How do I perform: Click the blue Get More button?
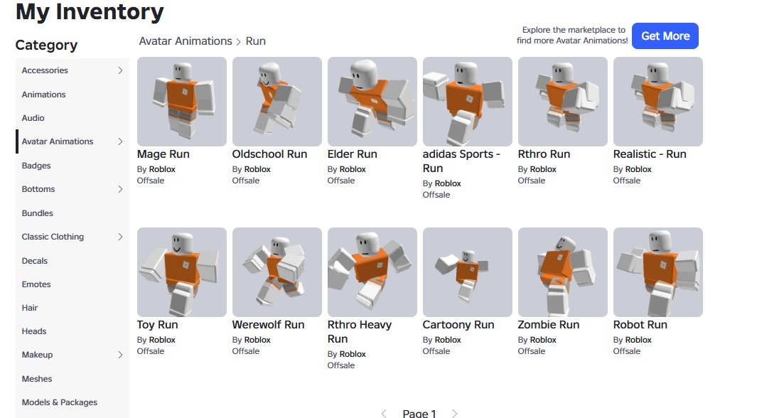click(665, 36)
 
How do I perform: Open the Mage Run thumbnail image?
click(182, 102)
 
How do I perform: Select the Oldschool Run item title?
click(270, 154)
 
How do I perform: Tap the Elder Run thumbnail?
click(372, 102)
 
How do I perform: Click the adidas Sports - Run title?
click(461, 161)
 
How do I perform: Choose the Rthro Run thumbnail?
click(563, 102)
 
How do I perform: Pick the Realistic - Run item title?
click(650, 154)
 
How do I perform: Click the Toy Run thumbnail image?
click(182, 272)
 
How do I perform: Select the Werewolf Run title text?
click(268, 325)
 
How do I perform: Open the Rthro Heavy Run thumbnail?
click(372, 272)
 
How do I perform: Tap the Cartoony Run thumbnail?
click(468, 272)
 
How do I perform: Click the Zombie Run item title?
click(549, 325)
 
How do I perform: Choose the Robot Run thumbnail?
click(658, 272)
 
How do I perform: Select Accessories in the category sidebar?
click(45, 70)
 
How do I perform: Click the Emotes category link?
click(36, 284)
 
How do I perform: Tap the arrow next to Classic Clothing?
click(120, 237)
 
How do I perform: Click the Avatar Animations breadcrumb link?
click(186, 41)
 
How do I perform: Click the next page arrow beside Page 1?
click(455, 414)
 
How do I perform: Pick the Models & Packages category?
click(60, 402)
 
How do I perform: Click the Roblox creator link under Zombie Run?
click(544, 340)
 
